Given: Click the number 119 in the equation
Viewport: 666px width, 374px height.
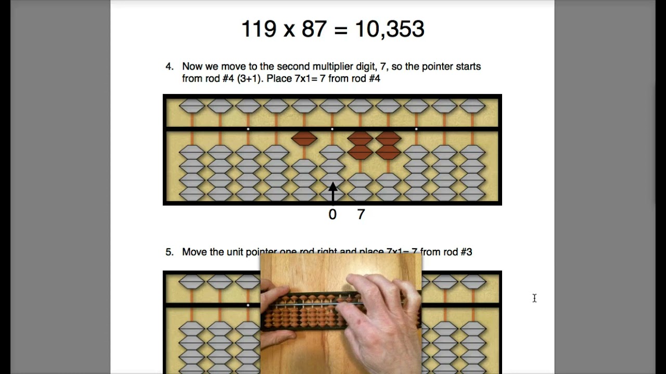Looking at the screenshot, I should [259, 29].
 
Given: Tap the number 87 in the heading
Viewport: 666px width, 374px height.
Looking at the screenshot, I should [314, 29].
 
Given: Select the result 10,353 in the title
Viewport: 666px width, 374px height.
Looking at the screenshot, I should [389, 29].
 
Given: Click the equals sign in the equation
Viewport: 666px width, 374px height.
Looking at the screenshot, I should [341, 30].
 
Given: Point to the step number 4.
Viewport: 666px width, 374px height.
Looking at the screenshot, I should [169, 66].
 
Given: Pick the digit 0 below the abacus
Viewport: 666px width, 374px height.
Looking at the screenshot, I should [332, 214].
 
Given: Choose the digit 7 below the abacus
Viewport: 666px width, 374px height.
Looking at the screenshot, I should [361, 214].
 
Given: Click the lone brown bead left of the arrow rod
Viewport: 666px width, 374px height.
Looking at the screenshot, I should [304, 138].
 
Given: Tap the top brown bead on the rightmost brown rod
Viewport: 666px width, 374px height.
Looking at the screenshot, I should [388, 138].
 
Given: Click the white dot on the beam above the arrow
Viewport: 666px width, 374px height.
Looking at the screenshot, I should [332, 129].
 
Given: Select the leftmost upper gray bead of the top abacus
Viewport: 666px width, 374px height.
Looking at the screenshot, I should [192, 106].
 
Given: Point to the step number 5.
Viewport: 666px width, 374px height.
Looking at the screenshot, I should [169, 252].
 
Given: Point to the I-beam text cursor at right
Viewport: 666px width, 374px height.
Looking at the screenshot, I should [534, 298].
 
